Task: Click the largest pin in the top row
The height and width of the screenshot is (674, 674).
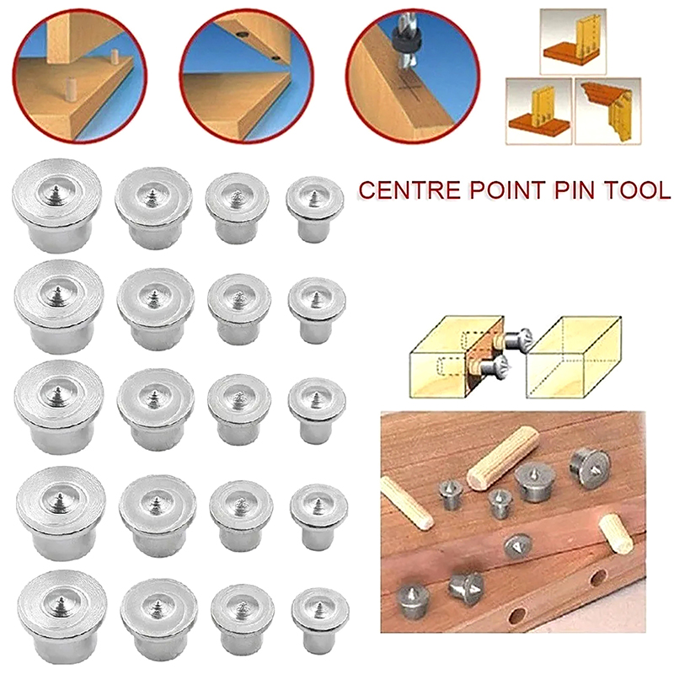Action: (x=56, y=206)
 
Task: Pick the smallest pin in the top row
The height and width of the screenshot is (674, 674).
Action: (x=314, y=209)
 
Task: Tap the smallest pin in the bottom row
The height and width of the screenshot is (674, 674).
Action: (x=320, y=621)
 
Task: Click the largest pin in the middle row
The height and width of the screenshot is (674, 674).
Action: (x=59, y=407)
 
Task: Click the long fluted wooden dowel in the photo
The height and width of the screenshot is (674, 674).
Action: (x=503, y=457)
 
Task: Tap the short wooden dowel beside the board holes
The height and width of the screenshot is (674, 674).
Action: (x=616, y=533)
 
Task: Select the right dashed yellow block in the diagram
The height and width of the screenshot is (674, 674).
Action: (x=574, y=356)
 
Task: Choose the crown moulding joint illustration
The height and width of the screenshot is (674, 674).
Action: (x=607, y=111)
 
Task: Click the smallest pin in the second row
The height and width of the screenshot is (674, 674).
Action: (x=317, y=310)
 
